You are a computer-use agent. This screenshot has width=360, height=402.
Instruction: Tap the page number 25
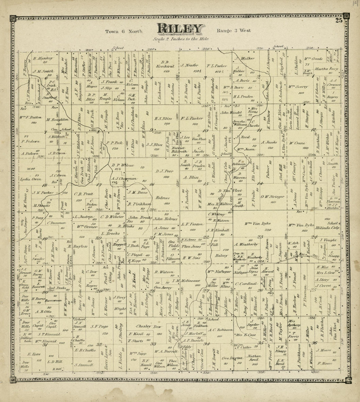338,21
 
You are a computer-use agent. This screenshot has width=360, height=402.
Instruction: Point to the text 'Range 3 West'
233,31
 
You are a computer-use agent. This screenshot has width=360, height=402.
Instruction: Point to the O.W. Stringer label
271,197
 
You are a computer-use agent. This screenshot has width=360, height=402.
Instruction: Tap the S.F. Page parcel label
99,326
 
